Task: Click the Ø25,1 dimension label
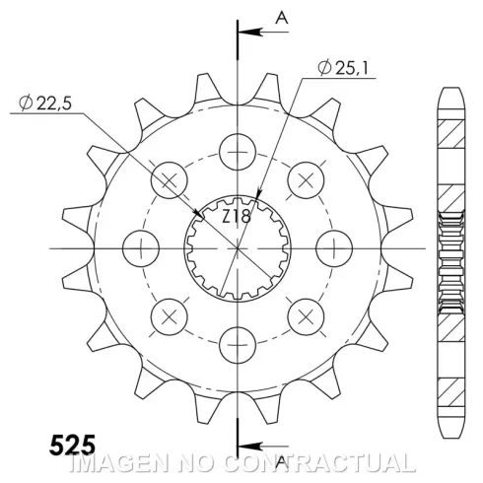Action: point(344,68)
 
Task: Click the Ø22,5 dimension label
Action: point(45,103)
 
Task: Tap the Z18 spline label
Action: point(237,217)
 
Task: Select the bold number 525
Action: point(73,445)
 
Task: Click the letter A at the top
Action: point(282,18)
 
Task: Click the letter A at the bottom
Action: point(281,462)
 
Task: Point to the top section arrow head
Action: point(250,32)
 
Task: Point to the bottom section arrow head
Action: point(250,447)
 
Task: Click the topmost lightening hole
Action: point(238,152)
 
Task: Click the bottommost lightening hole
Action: point(238,345)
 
